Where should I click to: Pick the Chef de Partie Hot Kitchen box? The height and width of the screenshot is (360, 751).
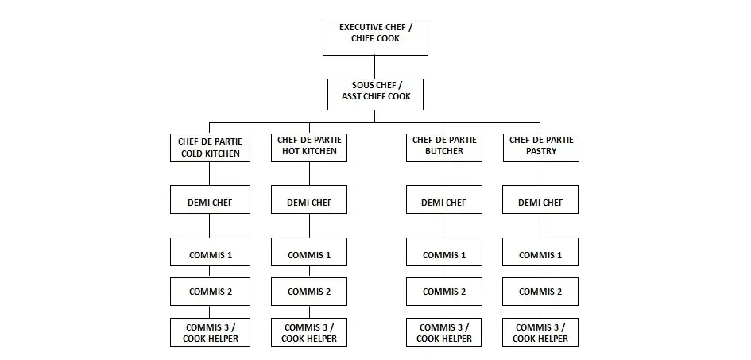pyautogui.click(x=309, y=147)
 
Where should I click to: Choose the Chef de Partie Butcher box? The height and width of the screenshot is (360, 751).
pyautogui.click(x=443, y=147)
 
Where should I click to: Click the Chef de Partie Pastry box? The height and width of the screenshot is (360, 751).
pyautogui.click(x=540, y=147)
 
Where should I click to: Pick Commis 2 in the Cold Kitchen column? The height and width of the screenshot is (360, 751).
pyautogui.click(x=210, y=292)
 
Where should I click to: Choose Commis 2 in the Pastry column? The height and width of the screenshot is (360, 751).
pyautogui.click(x=540, y=292)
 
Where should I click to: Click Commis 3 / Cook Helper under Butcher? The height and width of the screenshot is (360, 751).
pyautogui.click(x=443, y=332)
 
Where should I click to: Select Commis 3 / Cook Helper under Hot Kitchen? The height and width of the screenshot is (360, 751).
pyautogui.click(x=309, y=332)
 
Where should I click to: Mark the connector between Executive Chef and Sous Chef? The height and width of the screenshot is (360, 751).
pyautogui.click(x=375, y=67)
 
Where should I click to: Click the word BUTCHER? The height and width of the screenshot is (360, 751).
pyautogui.click(x=443, y=152)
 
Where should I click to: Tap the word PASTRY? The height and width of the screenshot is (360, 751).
pyautogui.click(x=540, y=152)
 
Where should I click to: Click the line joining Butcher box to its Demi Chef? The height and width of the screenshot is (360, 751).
pyautogui.click(x=443, y=173)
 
